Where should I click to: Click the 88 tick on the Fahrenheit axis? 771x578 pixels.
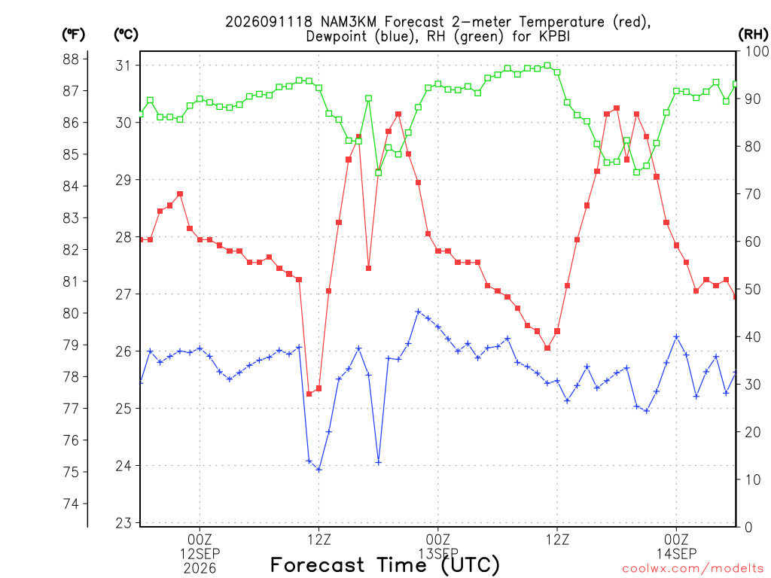tap(71, 59)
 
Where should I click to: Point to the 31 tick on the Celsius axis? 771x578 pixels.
tap(124, 65)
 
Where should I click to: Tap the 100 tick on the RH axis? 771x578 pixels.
tap(757, 51)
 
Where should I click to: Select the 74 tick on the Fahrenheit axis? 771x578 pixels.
tap(71, 503)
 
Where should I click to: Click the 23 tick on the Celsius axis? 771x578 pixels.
tap(124, 523)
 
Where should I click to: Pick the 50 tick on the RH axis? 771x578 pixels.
tap(753, 289)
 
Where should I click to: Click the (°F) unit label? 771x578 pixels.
tap(73, 35)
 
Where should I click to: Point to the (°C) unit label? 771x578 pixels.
tap(126, 35)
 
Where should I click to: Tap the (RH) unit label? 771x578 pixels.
tap(753, 35)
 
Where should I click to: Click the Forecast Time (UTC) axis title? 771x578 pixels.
tap(385, 564)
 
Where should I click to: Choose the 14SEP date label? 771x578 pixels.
tap(677, 554)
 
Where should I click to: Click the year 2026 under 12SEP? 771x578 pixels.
tap(200, 569)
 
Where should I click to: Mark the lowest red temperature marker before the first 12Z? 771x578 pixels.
tap(309, 394)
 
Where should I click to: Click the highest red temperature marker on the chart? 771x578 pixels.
tap(617, 108)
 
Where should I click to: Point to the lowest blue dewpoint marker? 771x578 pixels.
tap(318, 470)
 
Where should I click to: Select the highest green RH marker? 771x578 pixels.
tap(547, 66)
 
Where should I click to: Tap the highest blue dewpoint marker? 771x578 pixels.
tap(418, 312)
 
